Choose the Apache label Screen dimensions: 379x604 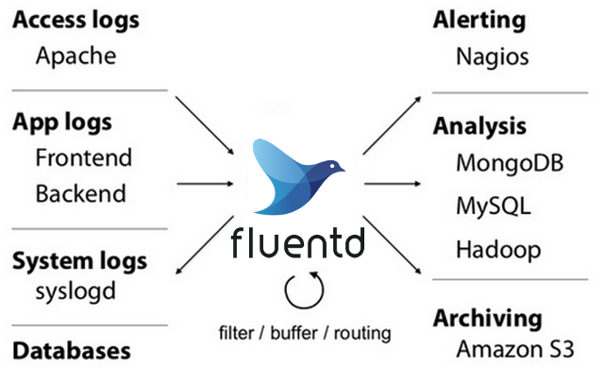75,56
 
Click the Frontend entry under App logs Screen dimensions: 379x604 83,157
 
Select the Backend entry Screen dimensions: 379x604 80,194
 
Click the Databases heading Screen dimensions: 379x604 71,351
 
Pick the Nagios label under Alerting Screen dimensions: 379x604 492,57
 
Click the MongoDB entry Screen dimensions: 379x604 510,162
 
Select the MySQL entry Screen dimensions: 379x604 493,206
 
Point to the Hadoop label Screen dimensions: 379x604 498,250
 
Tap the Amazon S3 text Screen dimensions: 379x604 514,349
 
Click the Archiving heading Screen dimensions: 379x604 487,318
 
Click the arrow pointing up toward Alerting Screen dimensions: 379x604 391,125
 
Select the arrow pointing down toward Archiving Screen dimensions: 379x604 392,244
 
